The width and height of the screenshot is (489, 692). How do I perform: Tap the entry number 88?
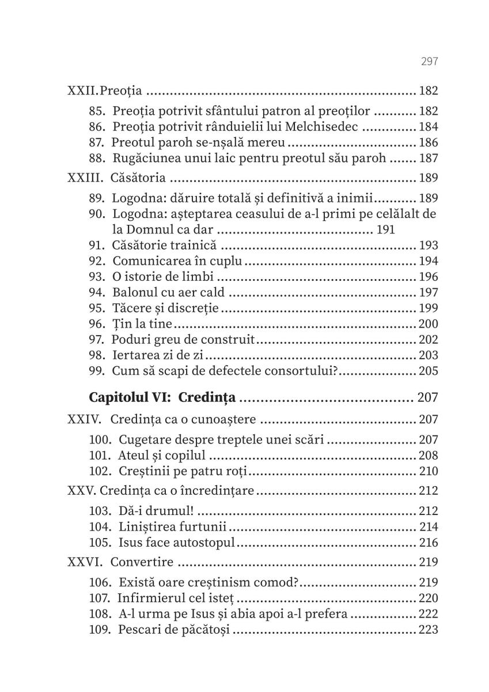click(97, 159)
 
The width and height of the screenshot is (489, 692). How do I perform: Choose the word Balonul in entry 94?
click(134, 293)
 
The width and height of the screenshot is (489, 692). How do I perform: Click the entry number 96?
click(97, 324)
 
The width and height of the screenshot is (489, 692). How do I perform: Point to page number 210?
click(429, 471)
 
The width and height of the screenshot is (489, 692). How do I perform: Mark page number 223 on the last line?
click(429, 629)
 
